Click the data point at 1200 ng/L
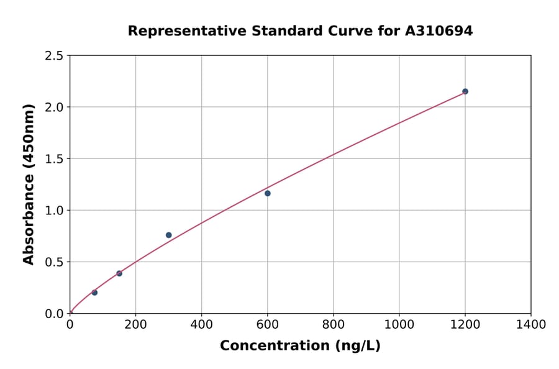coord(465,91)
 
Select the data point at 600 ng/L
coord(268,193)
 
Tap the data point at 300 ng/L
coord(169,235)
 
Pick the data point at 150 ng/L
coord(119,273)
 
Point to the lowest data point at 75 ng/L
coord(94,293)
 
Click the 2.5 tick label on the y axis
coord(54,56)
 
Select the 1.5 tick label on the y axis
coord(54,159)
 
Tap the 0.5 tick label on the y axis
coord(54,262)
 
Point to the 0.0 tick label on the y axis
coord(54,314)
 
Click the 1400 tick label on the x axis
coord(530,325)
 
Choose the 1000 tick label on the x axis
coord(399,325)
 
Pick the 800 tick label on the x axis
coord(333,325)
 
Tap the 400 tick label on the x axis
coord(201,325)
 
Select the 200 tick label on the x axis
coord(135,325)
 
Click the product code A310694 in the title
coord(439,30)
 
